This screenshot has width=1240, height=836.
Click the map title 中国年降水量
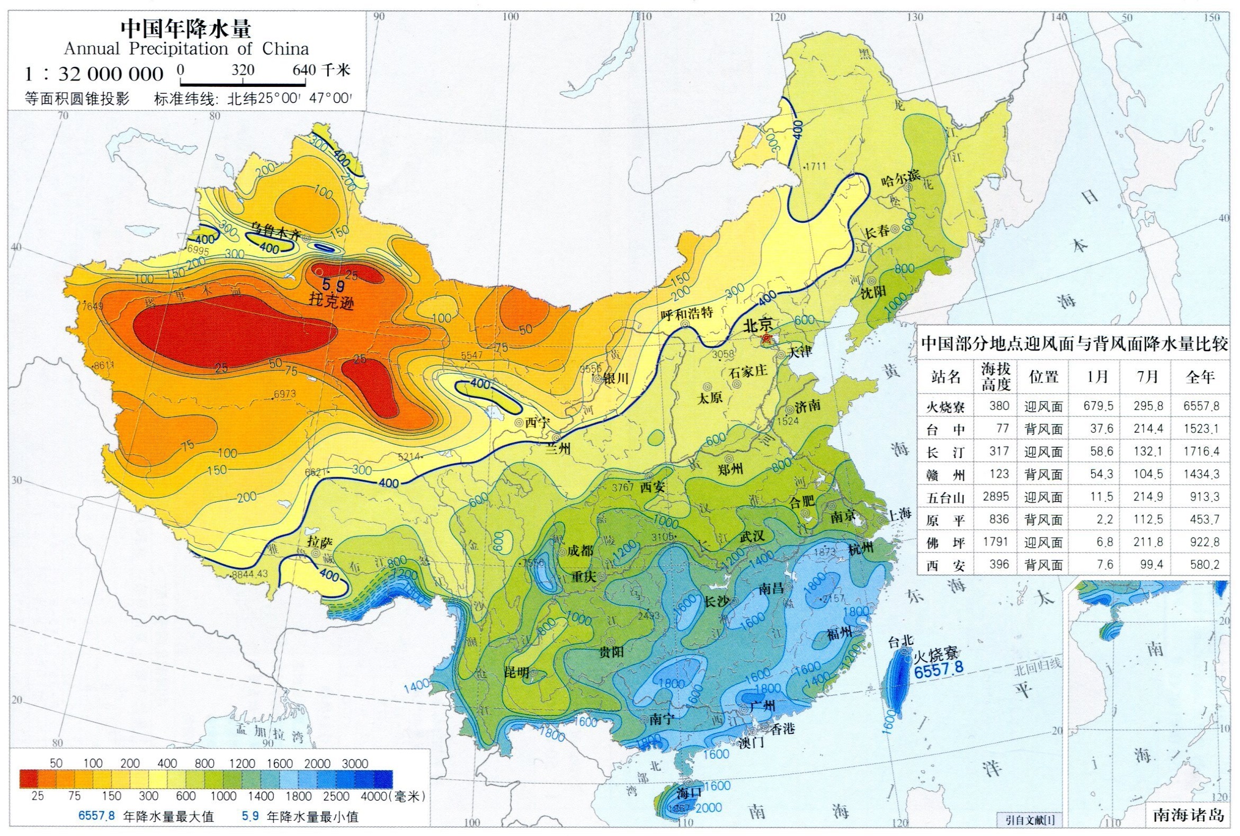[186, 29]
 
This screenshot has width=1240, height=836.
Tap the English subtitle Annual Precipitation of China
[186, 49]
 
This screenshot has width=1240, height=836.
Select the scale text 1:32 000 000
[94, 74]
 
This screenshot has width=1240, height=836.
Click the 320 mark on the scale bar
[243, 70]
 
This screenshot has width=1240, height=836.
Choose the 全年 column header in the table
[1200, 377]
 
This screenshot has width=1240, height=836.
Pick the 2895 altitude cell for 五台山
[996, 497]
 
